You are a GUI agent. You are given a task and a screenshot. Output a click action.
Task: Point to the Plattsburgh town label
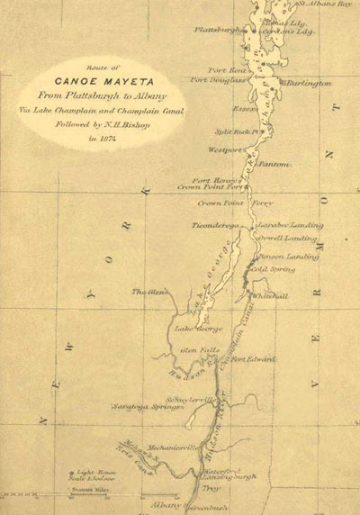click(x=219, y=30)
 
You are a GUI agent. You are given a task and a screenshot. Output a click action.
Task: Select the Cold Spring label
click(x=271, y=268)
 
